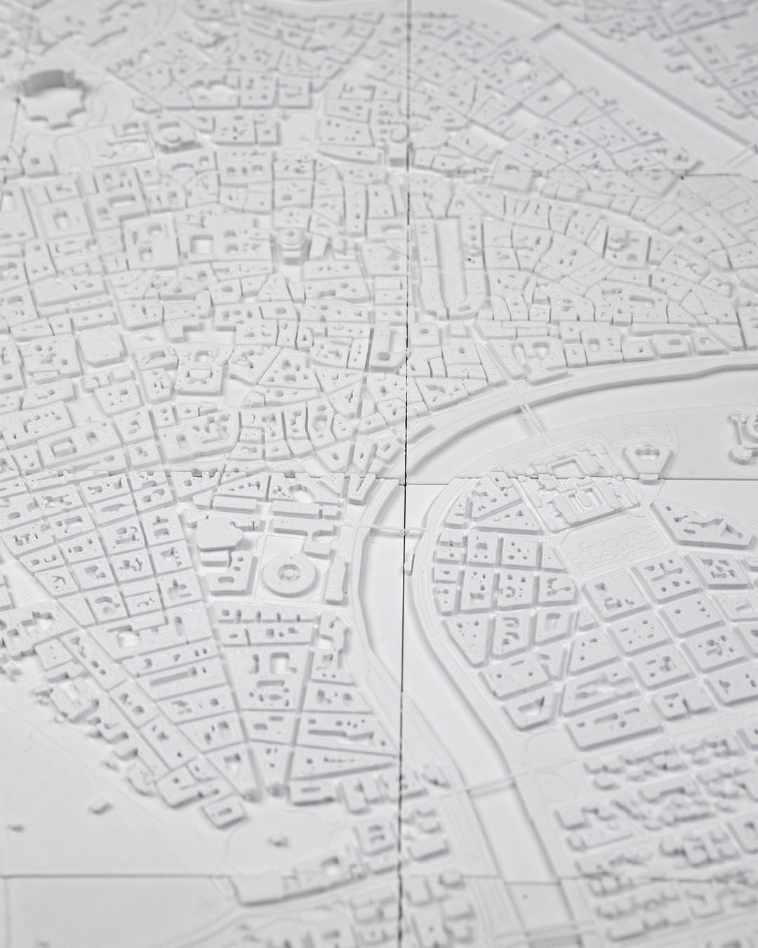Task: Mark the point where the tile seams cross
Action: tap(406, 484)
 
